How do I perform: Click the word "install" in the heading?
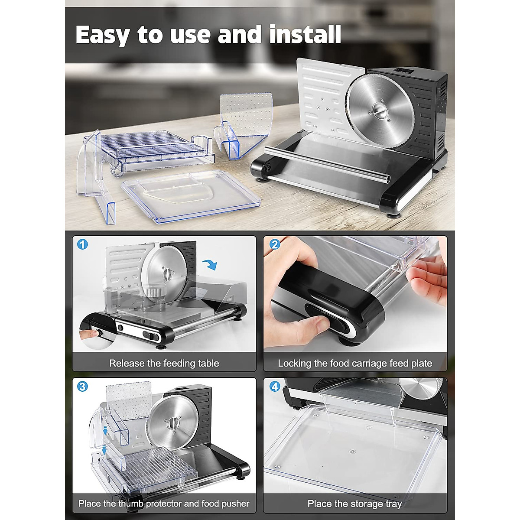[305, 35]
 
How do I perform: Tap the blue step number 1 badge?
[82, 244]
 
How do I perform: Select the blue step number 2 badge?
[274, 244]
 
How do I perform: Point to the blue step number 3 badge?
[82, 386]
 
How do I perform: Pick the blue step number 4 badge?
[275, 386]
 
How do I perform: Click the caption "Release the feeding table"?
[164, 363]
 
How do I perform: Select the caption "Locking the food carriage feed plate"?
[355, 363]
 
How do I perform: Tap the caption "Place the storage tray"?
[354, 504]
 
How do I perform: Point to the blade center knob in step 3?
[174, 422]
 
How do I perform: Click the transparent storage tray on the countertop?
[191, 193]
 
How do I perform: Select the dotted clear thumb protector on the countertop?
[245, 117]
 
